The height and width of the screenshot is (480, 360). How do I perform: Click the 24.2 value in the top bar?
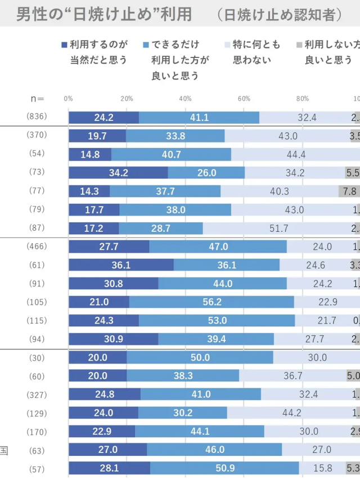103,118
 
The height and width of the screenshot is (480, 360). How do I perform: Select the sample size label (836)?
37,116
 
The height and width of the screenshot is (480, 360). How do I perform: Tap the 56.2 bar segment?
211,302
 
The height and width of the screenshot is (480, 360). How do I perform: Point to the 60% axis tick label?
244,98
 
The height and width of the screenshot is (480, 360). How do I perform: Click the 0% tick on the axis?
68,98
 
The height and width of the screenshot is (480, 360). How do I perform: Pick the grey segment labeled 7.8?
349,191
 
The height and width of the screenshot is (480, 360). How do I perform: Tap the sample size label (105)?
37,302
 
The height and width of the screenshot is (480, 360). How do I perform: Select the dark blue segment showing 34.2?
118,173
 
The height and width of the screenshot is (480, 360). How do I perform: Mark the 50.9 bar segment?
224,468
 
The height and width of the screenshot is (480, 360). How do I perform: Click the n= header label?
37,98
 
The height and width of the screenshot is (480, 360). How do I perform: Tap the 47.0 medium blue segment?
218,246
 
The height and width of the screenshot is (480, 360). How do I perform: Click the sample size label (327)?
37,394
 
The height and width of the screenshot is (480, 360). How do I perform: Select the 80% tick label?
302,98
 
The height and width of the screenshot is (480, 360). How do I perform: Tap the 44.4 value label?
295,154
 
